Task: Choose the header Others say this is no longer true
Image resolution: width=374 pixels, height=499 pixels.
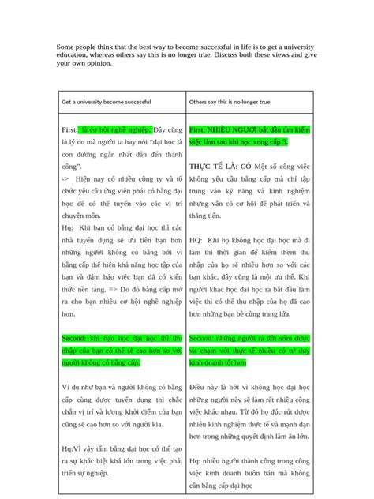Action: click(229, 103)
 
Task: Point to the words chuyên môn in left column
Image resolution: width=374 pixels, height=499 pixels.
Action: click(80, 213)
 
